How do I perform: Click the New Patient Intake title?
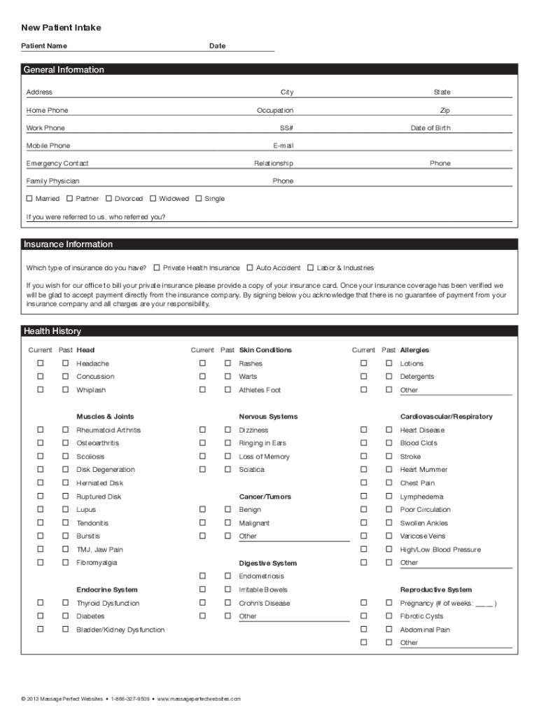[61, 27]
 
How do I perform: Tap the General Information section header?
[64, 69]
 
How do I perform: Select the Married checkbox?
[29, 199]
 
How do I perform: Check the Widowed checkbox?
[153, 199]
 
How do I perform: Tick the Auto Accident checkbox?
[250, 267]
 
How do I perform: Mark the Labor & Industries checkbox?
[311, 267]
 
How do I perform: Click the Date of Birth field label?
[430, 128]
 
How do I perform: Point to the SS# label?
[286, 128]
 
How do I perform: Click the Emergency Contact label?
[57, 163]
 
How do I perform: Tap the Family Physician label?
[53, 181]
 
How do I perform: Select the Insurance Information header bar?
[68, 244]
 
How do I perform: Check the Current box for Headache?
[41, 363]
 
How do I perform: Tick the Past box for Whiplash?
[65, 390]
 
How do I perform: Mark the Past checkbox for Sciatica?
[227, 470]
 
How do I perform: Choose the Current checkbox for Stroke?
[363, 457]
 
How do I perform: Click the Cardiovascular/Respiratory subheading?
[446, 417]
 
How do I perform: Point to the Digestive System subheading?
[267, 563]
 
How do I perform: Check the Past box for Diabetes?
[65, 616]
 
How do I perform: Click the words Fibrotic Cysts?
[421, 616]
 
